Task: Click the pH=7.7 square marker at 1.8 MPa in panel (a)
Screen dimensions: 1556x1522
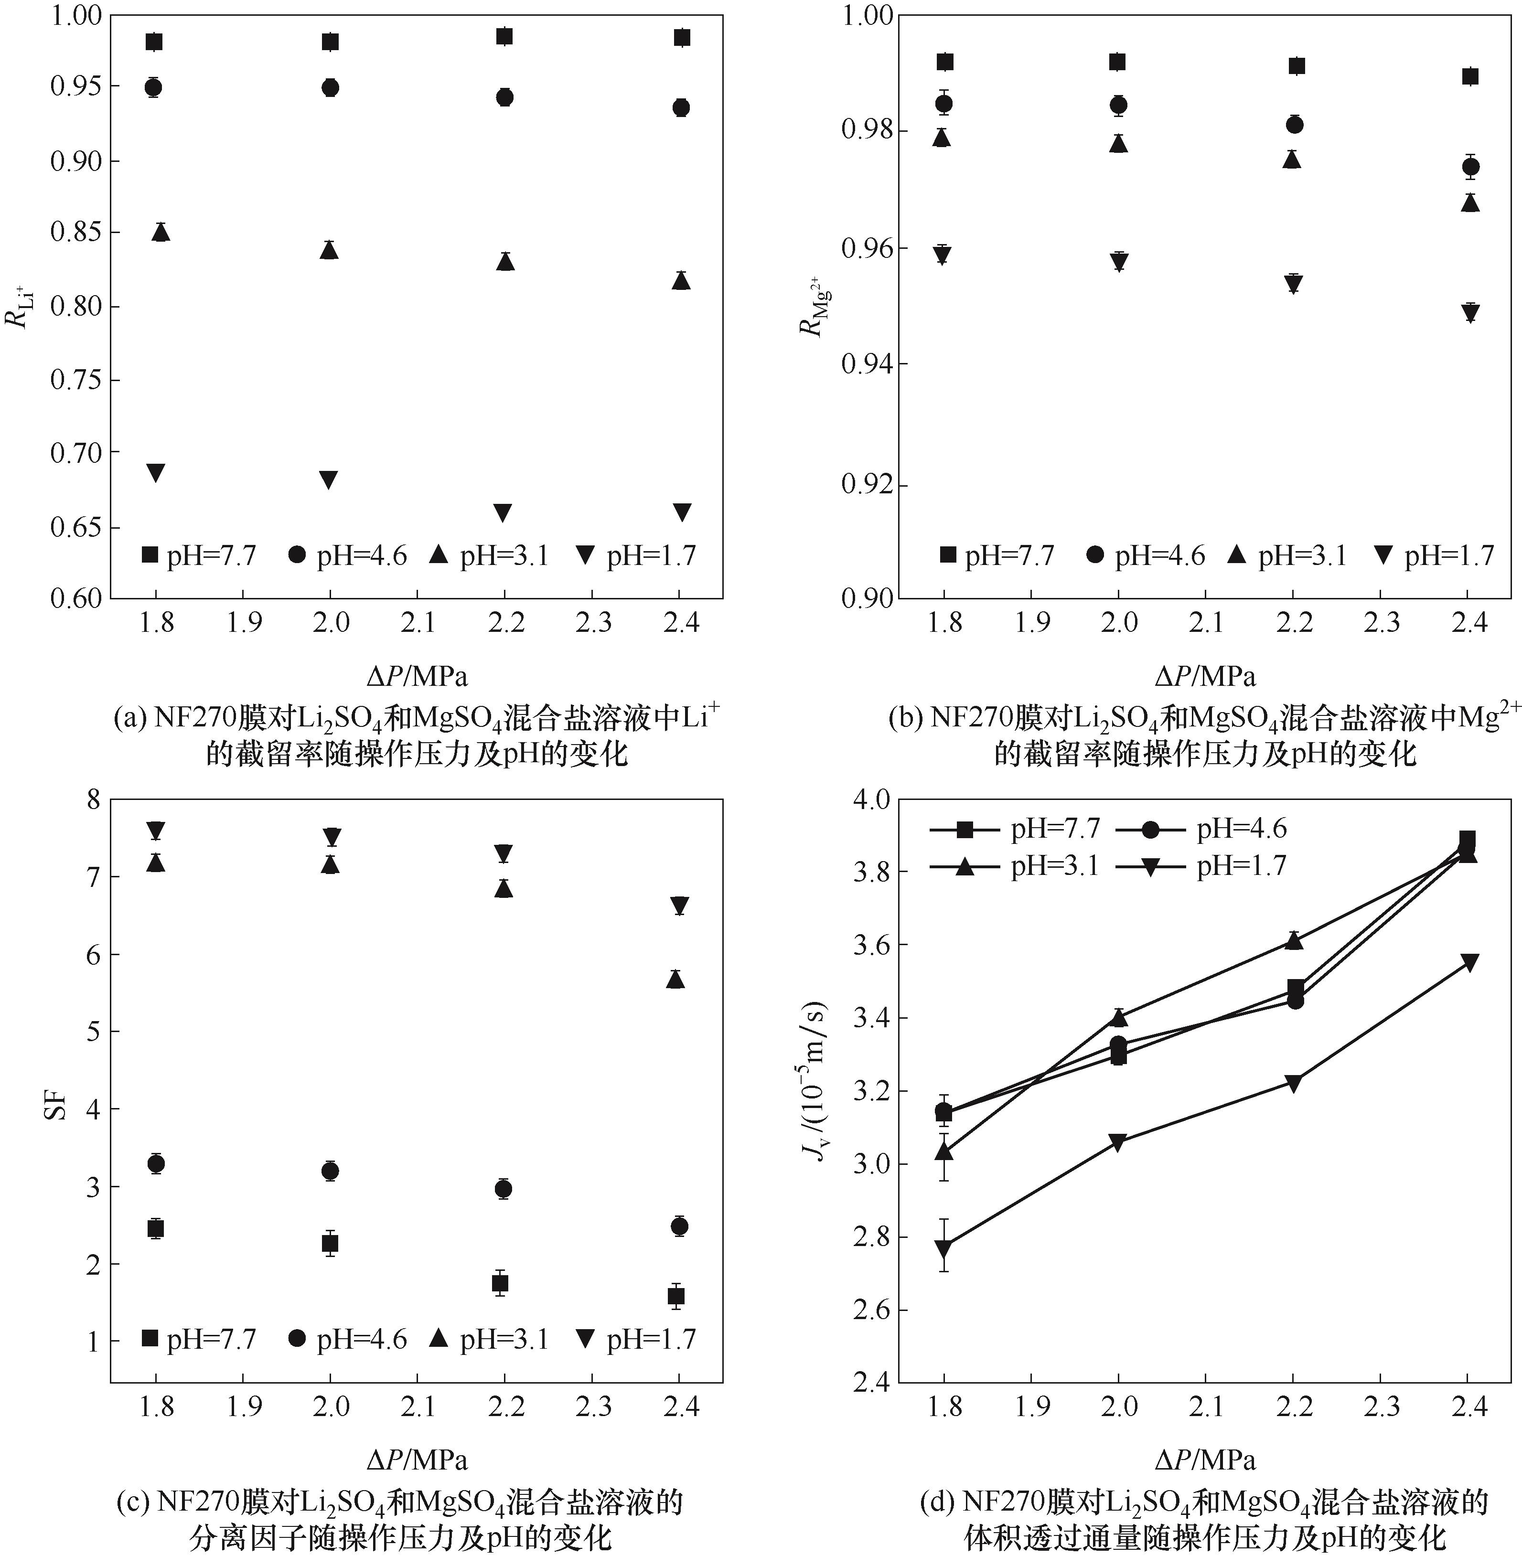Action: tap(154, 42)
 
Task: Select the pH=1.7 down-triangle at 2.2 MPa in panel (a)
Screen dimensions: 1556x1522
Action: tap(503, 513)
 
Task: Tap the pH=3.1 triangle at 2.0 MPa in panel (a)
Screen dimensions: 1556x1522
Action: tap(329, 251)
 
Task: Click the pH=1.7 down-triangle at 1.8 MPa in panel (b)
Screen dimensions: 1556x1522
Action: tap(943, 256)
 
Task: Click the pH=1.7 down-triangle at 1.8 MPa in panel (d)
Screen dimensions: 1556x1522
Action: tap(944, 1248)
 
